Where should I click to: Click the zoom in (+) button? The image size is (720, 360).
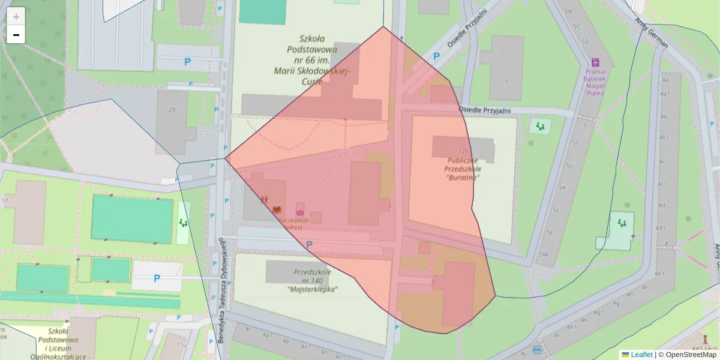click(16, 16)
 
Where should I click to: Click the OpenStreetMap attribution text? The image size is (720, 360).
click(688, 355)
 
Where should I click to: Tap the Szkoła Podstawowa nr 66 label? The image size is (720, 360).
click(311, 61)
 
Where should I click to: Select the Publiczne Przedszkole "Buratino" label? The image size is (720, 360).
click(463, 169)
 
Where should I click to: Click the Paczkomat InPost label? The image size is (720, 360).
click(293, 224)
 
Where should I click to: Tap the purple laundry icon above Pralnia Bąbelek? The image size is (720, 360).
click(595, 62)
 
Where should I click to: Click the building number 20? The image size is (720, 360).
click(172, 109)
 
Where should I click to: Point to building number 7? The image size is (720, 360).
click(506, 82)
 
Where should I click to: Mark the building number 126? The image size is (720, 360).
click(462, 151)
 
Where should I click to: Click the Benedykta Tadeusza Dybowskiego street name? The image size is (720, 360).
click(221, 289)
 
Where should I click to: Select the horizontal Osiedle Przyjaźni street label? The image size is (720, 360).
click(485, 110)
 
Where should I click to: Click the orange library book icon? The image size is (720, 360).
click(277, 209)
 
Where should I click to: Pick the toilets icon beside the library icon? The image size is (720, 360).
click(264, 199)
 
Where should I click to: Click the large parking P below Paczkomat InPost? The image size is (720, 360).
click(310, 245)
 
